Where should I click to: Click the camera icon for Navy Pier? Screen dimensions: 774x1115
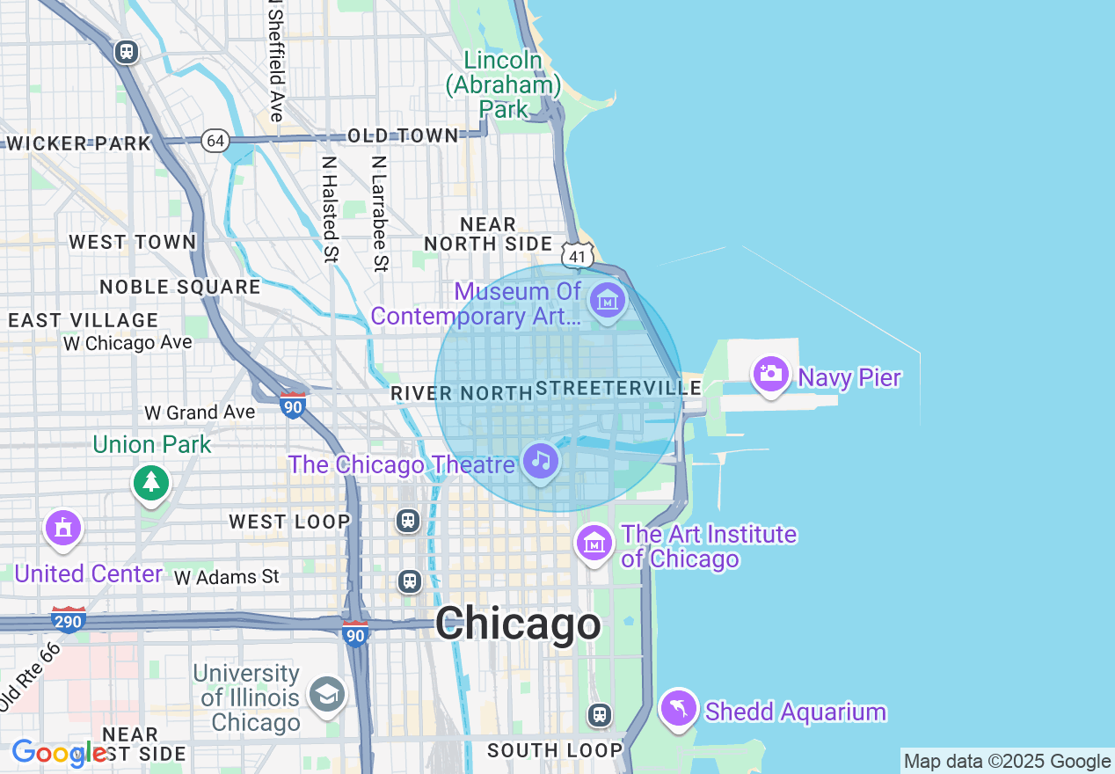pos(770,374)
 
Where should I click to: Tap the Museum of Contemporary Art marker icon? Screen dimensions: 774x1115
pos(608,301)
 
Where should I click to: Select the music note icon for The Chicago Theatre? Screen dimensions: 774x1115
pos(541,460)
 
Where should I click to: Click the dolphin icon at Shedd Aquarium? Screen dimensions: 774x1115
pos(679,707)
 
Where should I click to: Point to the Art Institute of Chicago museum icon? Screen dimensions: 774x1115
pos(594,543)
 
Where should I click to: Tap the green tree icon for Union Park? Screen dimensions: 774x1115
pos(151,482)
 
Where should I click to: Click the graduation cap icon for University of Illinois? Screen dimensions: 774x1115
pos(326,695)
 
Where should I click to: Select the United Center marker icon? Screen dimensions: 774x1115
pos(62,529)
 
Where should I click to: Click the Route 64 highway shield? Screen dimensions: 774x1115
pos(215,141)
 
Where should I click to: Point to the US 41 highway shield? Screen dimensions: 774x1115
pos(577,256)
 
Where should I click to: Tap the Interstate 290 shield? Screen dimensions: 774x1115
pos(68,621)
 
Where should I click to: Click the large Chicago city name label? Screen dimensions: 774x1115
pos(518,624)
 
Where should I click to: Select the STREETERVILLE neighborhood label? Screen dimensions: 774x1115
pos(617,388)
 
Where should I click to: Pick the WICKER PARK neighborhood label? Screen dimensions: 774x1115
pos(78,143)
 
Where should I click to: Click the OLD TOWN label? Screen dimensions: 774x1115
pos(403,135)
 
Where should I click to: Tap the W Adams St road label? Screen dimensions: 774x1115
pos(226,577)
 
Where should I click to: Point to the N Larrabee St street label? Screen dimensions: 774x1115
pos(379,214)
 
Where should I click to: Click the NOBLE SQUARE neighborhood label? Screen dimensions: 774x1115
pos(179,287)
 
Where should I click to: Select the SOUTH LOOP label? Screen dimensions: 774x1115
pos(554,750)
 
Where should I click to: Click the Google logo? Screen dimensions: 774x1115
pos(58,753)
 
